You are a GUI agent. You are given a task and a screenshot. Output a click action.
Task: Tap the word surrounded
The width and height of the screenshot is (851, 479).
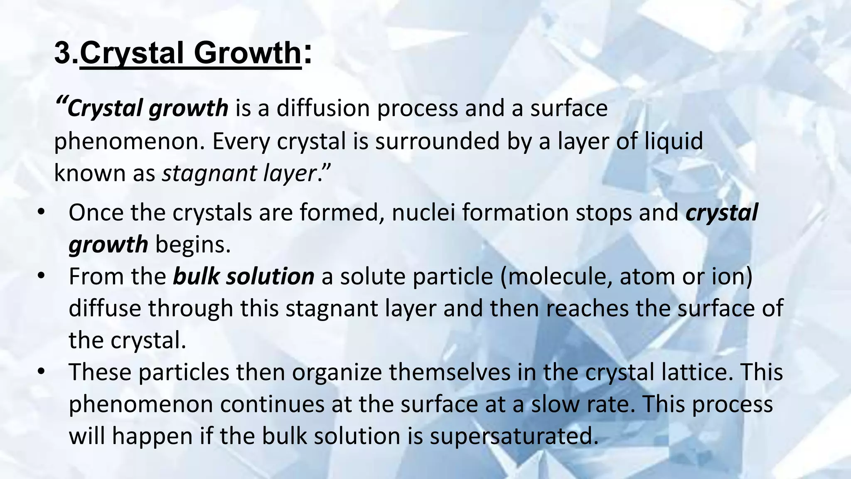pyautogui.click(x=437, y=141)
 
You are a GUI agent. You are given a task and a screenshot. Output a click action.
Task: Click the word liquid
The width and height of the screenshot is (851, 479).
pyautogui.click(x=674, y=141)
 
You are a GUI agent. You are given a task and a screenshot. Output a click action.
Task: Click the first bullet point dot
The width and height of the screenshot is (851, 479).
pyautogui.click(x=40, y=212)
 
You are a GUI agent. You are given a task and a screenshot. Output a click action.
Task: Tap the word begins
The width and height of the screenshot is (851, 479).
pyautogui.click(x=193, y=244)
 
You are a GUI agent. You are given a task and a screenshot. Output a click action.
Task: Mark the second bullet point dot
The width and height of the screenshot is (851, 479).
pyautogui.click(x=40, y=277)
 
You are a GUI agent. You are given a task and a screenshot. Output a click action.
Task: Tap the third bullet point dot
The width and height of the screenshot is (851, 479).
pyautogui.click(x=40, y=372)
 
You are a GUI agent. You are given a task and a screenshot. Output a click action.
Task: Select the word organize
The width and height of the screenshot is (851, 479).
pyautogui.click(x=337, y=372)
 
